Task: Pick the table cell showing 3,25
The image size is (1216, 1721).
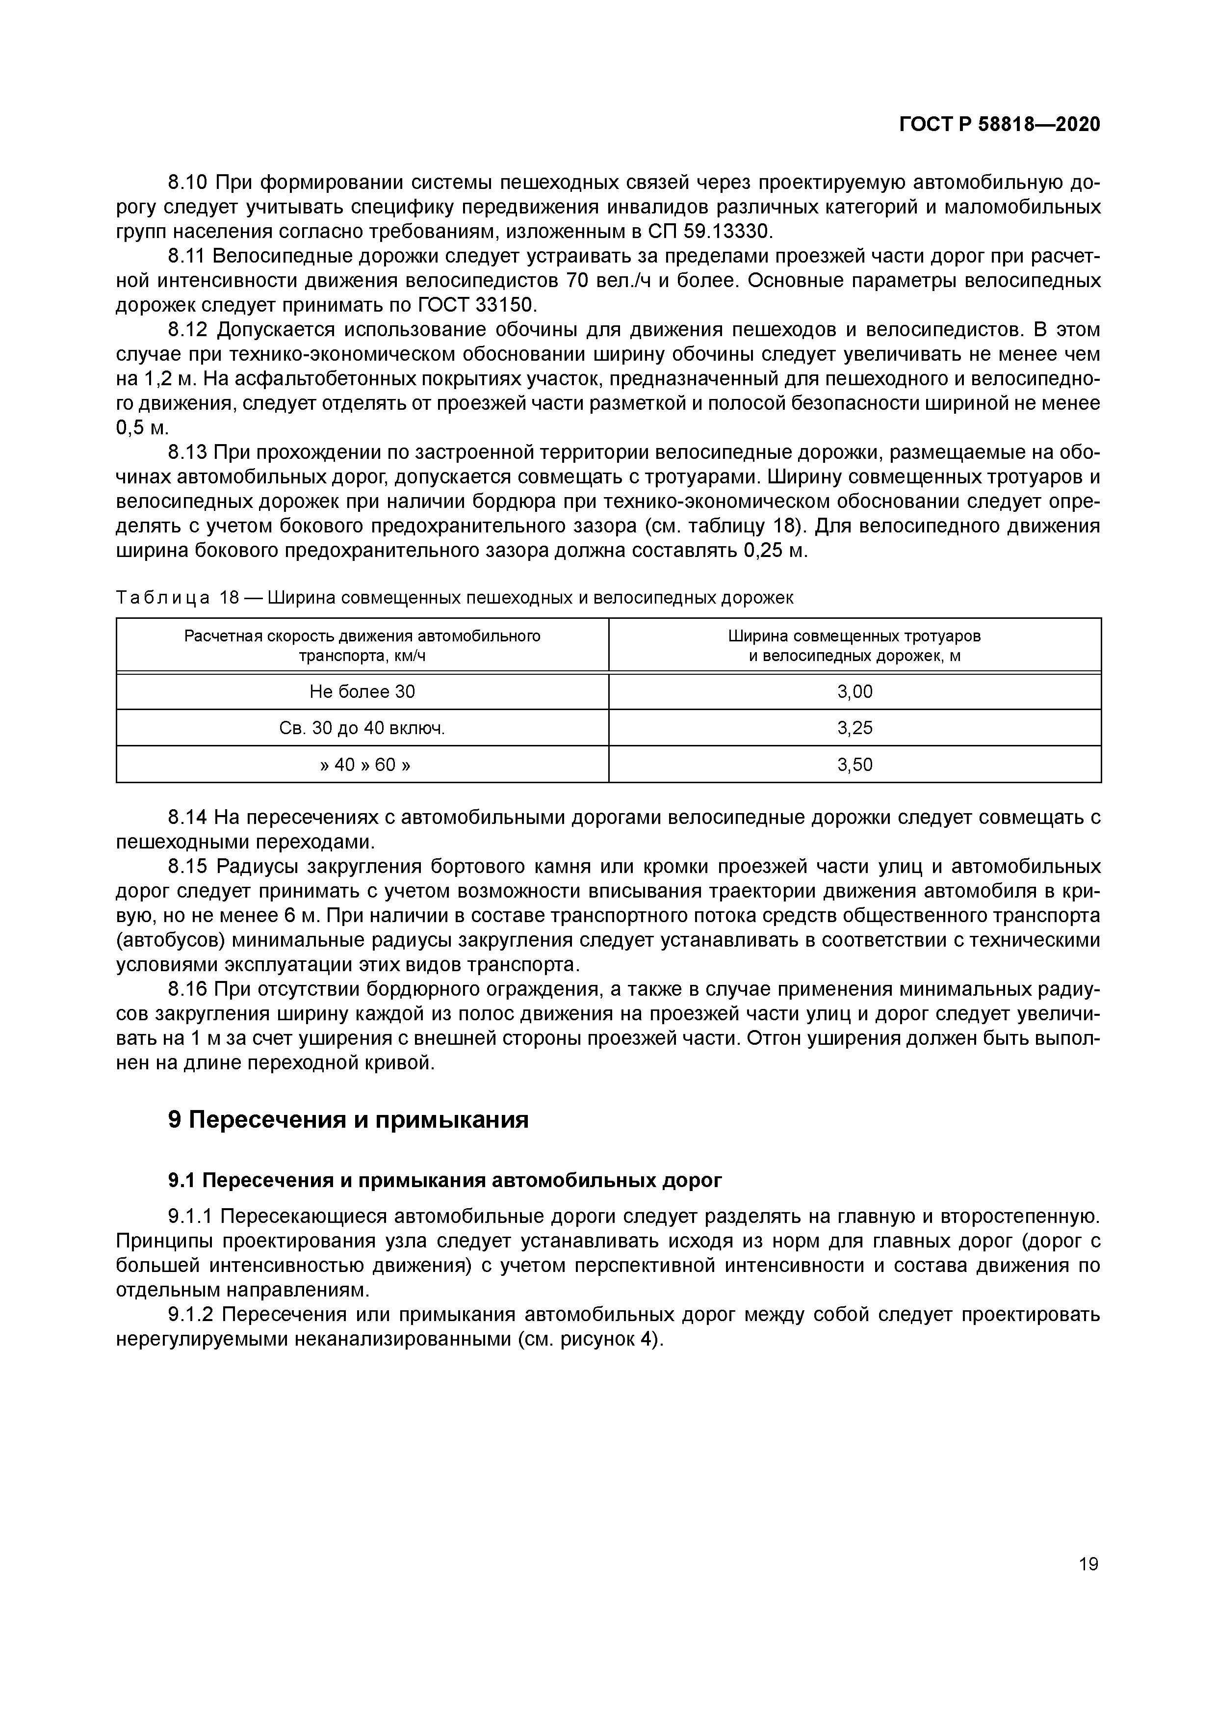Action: pos(855,728)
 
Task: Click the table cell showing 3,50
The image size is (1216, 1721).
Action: pos(855,765)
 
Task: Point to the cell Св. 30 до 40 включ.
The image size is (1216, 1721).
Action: pos(362,728)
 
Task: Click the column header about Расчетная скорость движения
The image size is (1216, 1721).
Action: pos(362,645)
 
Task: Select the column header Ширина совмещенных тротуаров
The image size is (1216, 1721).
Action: pos(855,645)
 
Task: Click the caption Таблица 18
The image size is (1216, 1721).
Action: pos(177,597)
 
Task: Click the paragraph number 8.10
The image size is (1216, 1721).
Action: pos(188,182)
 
